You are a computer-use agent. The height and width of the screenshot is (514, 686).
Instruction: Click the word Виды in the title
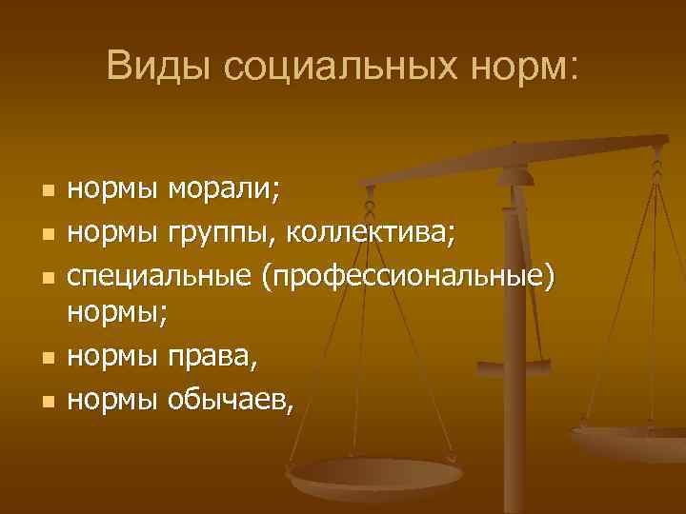(160, 66)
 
